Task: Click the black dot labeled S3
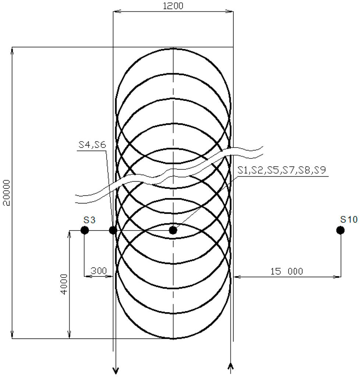point(85,230)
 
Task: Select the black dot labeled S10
point(340,230)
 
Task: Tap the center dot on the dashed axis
point(173,230)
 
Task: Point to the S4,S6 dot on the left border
point(113,230)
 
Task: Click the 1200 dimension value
point(173,6)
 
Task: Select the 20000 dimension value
point(7,193)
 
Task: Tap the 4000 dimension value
point(64,284)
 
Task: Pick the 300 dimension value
point(99,271)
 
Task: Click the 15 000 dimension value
point(287,271)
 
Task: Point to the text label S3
point(89,220)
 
